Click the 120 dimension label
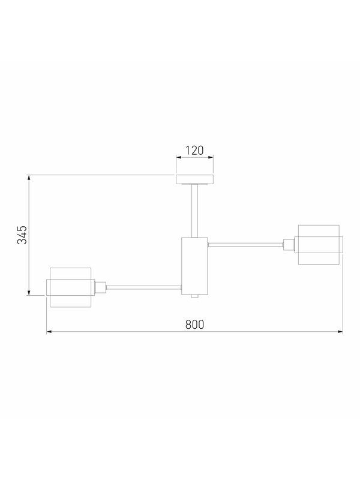point(194,151)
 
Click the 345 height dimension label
point(22,235)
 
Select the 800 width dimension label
point(194,325)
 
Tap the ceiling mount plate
point(194,179)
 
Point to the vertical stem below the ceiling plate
point(194,211)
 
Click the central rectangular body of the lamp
point(194,266)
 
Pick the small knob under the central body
point(194,296)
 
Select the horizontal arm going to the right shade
point(245,244)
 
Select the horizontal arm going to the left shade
point(143,287)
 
